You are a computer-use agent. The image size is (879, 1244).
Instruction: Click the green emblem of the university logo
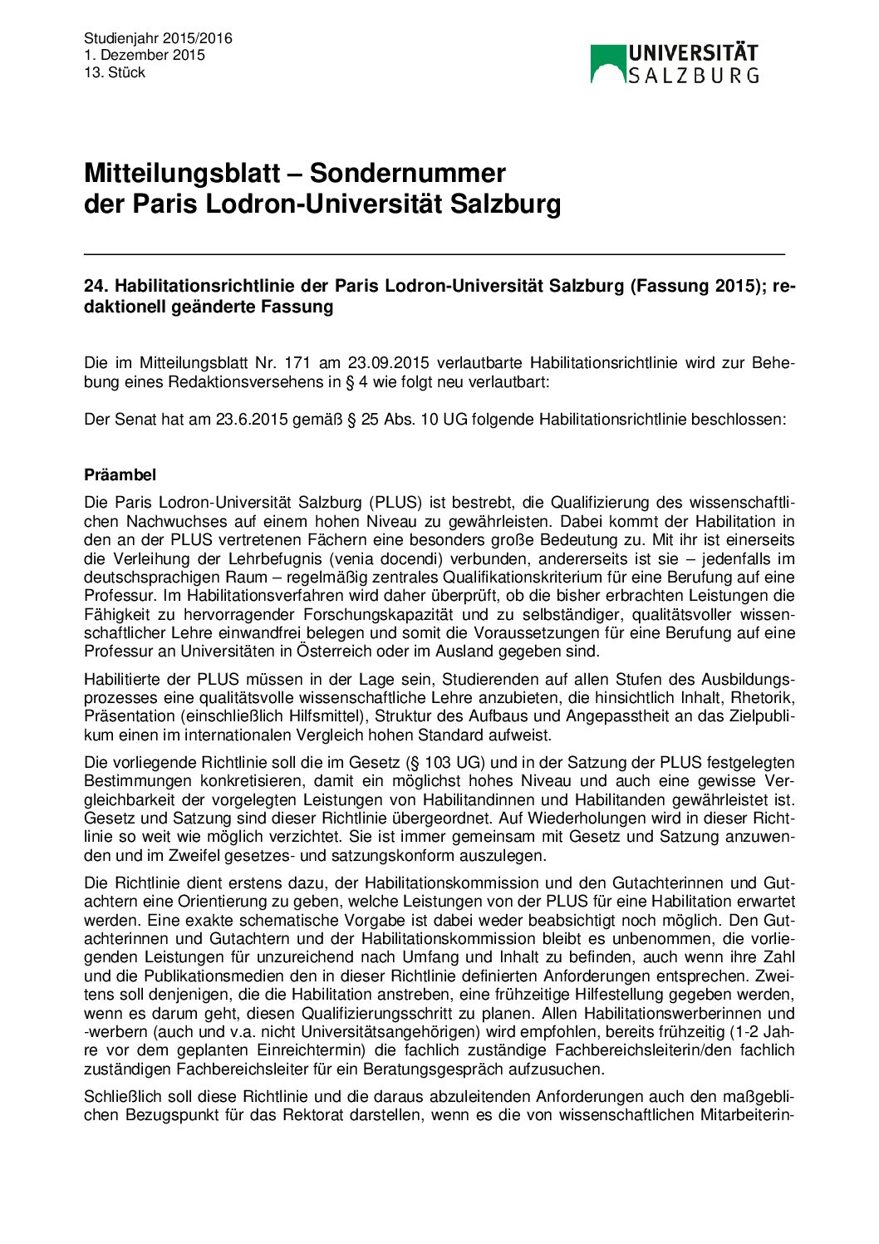pyautogui.click(x=607, y=64)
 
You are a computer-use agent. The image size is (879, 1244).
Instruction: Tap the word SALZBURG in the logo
pyautogui.click(x=693, y=76)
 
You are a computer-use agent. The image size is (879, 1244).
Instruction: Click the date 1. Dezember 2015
pyautogui.click(x=144, y=56)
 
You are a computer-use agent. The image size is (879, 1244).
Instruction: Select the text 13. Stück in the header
pyautogui.click(x=115, y=73)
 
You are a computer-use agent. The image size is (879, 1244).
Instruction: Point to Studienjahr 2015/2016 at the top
pyautogui.click(x=158, y=38)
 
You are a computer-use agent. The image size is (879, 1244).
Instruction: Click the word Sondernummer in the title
pyautogui.click(x=407, y=173)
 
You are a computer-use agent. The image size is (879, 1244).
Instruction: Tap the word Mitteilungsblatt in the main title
pyautogui.click(x=182, y=173)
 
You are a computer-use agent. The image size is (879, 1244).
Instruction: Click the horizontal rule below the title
pyautogui.click(x=434, y=253)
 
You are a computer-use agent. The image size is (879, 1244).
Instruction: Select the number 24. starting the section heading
pyautogui.click(x=96, y=286)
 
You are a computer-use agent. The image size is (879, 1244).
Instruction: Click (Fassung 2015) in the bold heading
pyautogui.click(x=698, y=286)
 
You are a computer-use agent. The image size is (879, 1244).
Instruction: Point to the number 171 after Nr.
pyautogui.click(x=297, y=363)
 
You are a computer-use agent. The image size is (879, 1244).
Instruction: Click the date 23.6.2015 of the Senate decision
pyautogui.click(x=250, y=420)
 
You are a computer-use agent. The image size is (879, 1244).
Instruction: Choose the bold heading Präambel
pyautogui.click(x=120, y=475)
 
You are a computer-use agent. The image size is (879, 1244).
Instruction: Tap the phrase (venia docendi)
pyautogui.click(x=450, y=558)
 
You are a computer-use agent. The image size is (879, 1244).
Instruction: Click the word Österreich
pyautogui.click(x=331, y=652)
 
